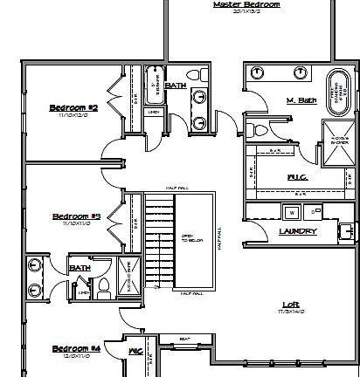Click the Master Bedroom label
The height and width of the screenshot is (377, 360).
click(x=246, y=4)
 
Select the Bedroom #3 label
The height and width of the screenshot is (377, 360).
click(x=77, y=216)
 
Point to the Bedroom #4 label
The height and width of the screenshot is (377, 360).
click(x=77, y=347)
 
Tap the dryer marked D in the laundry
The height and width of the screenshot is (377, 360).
click(x=311, y=211)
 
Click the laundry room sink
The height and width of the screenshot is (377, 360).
click(x=347, y=231)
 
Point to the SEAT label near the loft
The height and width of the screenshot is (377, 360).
click(x=185, y=340)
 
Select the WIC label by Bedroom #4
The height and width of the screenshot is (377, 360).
click(x=135, y=351)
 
